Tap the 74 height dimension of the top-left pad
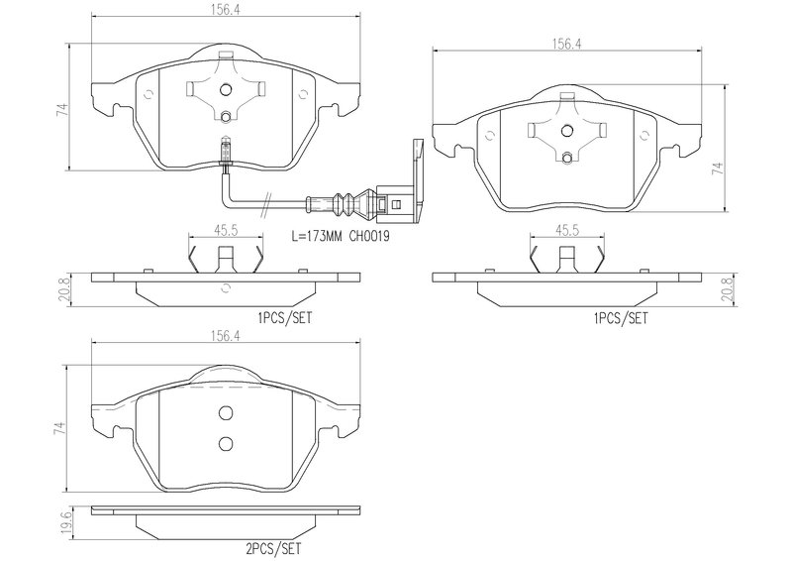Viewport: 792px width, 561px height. [x=61, y=110]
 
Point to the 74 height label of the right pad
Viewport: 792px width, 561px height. [x=717, y=168]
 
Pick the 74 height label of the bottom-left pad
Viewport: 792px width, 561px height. [x=60, y=429]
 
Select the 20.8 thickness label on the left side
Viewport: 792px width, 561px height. [x=64, y=290]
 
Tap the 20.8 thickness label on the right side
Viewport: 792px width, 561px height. [x=727, y=290]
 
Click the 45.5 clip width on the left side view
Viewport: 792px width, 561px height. [x=227, y=230]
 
